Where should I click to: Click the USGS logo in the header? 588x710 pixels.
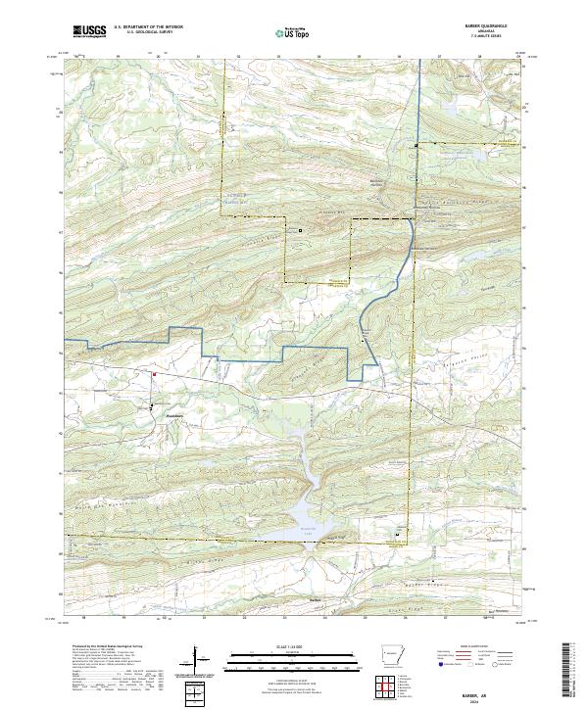(x=90, y=31)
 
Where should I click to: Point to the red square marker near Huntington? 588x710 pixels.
(x=154, y=372)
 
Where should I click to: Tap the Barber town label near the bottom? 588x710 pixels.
(x=316, y=599)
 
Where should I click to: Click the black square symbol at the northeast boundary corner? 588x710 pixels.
(x=416, y=145)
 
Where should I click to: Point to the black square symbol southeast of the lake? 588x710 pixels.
(x=397, y=534)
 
